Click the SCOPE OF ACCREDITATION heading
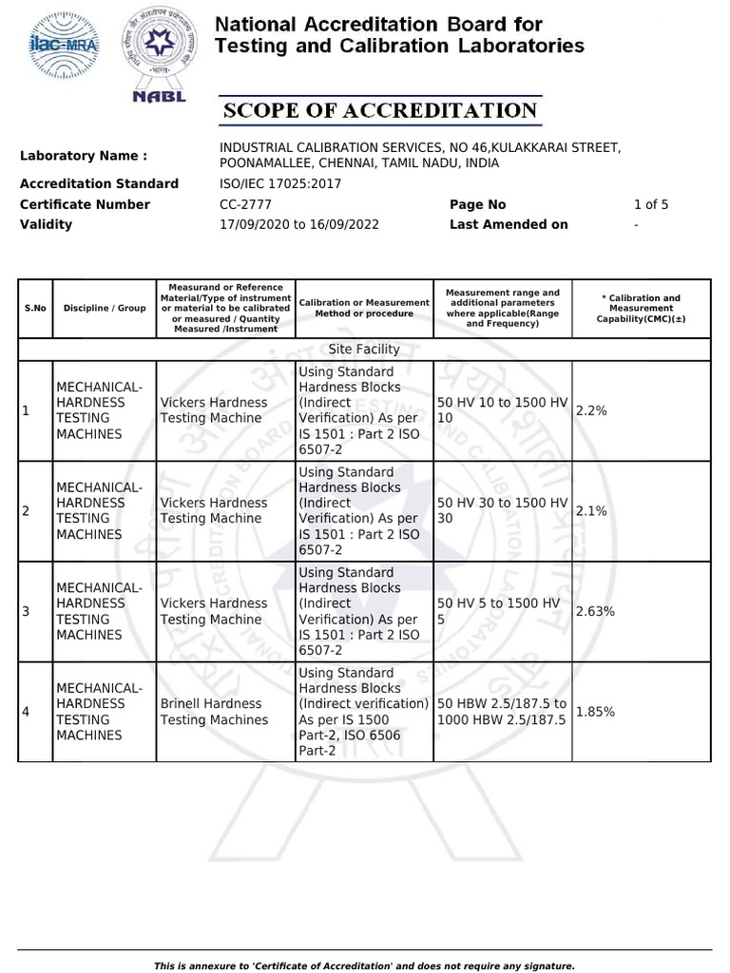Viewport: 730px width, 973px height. [x=380, y=111]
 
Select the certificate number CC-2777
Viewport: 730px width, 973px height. [x=246, y=204]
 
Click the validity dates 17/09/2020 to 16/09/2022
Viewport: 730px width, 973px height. [x=299, y=224]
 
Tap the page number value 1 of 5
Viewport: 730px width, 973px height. [x=651, y=204]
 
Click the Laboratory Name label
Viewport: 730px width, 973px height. [x=84, y=156]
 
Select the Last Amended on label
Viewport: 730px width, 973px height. [x=509, y=224]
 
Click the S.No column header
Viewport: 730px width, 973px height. [x=35, y=308]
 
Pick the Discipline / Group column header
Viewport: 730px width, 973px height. [x=105, y=308]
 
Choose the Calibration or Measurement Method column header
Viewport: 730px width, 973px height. [x=364, y=308]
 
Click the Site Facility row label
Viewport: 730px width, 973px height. [x=364, y=349]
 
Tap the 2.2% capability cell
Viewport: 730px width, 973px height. [x=591, y=410]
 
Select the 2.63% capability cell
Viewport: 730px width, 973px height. [x=596, y=611]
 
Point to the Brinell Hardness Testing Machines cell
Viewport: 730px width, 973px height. [x=214, y=712]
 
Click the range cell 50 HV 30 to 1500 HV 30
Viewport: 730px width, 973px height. [x=501, y=510]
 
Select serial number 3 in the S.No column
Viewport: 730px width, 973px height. [x=27, y=611]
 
